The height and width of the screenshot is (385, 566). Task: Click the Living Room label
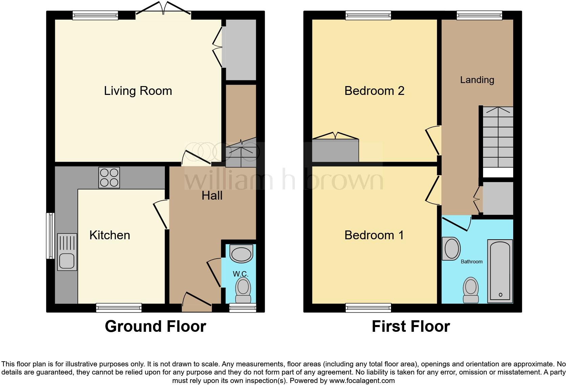[x=138, y=91]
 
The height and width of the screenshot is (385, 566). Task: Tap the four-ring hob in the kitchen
[x=109, y=178]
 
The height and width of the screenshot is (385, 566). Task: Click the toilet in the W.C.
[x=243, y=290]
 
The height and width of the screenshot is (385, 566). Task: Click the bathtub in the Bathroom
[x=500, y=271]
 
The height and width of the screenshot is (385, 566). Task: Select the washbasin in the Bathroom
[x=452, y=249]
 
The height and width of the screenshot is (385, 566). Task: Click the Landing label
[x=477, y=80]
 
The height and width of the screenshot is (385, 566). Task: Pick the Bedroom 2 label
[x=374, y=91]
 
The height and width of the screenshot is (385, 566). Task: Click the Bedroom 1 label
[x=374, y=235]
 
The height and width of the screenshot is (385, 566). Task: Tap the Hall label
[x=212, y=196]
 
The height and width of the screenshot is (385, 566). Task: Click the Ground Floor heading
[x=155, y=326]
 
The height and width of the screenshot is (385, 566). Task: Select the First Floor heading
[x=411, y=326]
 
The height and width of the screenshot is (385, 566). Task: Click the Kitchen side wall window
[x=50, y=236]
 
